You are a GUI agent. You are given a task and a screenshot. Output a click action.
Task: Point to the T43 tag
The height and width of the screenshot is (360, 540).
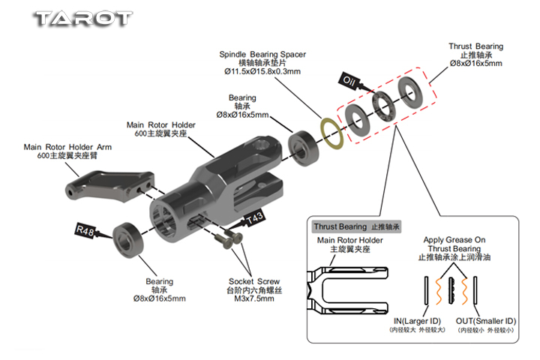(255, 219)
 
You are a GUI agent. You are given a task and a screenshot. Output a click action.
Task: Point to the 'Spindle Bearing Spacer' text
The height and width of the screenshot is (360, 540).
(262, 54)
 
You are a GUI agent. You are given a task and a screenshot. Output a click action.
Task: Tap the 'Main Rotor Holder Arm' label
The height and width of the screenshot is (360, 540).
(67, 147)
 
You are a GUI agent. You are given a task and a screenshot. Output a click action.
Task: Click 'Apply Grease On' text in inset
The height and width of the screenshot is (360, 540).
(454, 240)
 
